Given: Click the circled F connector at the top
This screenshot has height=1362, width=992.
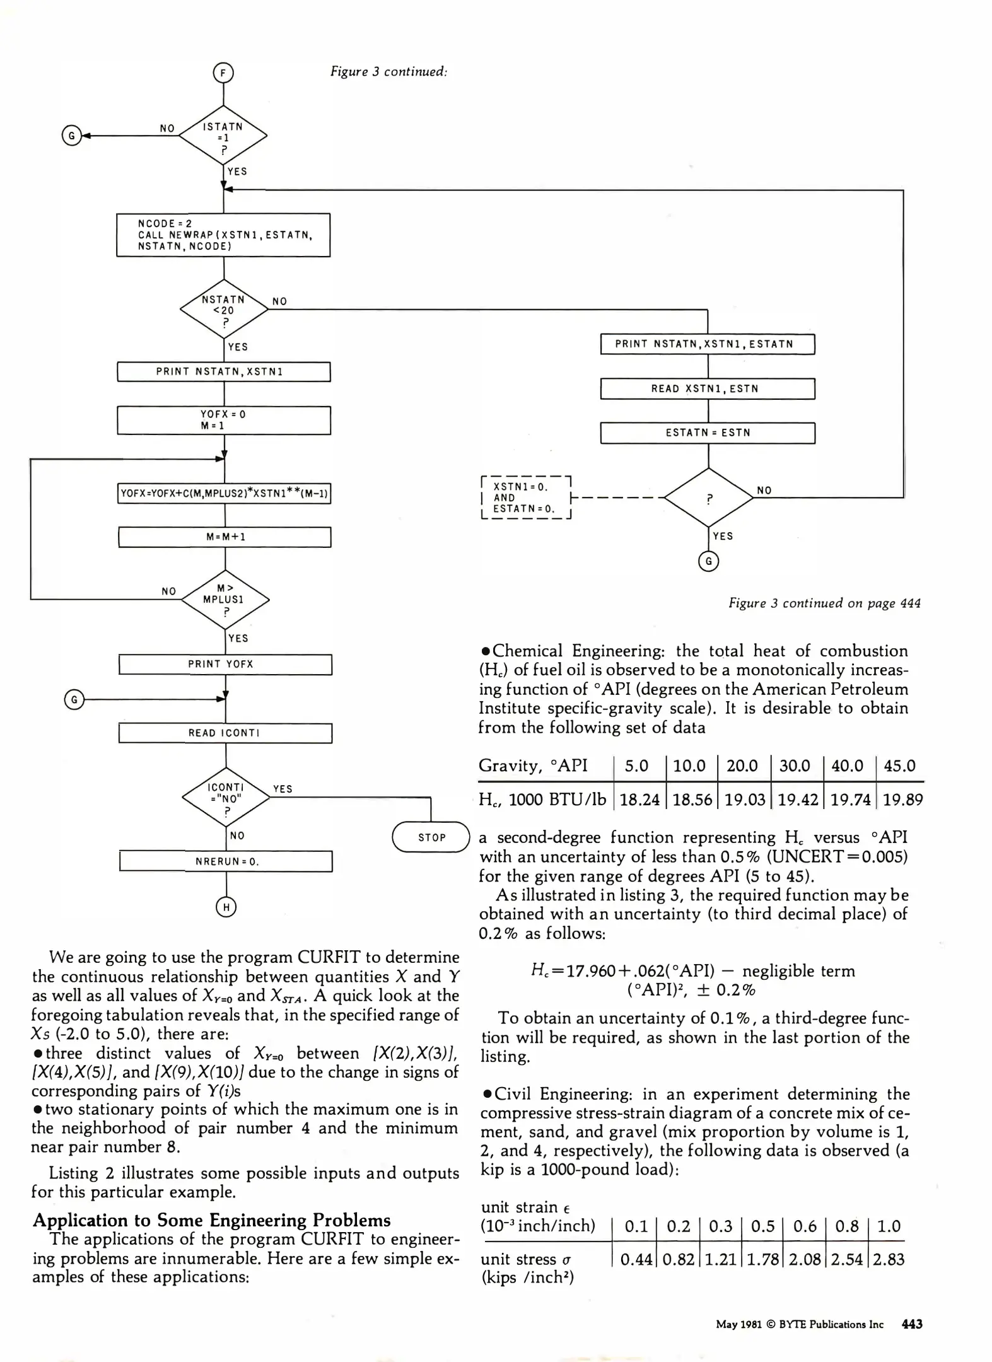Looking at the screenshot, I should (223, 74).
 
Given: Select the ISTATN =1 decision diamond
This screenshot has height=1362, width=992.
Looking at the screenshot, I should (223, 135).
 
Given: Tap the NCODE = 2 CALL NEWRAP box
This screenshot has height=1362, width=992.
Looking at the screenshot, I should (223, 235).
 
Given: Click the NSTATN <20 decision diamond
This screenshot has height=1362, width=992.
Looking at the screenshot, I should (224, 310).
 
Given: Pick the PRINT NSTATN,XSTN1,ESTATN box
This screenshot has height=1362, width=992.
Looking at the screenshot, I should (708, 344).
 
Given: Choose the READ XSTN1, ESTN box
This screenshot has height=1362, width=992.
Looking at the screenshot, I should (708, 388).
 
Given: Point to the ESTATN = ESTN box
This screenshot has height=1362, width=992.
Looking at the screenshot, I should (708, 433).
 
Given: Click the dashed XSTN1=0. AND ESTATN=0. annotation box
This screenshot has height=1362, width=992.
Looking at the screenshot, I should (525, 498).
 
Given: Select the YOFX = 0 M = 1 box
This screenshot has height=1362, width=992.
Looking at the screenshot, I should (224, 420).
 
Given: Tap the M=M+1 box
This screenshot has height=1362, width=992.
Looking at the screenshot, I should (225, 537).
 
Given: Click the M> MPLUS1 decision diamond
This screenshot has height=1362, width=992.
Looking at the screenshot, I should (225, 599).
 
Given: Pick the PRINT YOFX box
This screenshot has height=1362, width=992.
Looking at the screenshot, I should (225, 665).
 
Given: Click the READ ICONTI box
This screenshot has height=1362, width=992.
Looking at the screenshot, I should (225, 733).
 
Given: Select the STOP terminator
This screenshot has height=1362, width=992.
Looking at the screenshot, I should (431, 837).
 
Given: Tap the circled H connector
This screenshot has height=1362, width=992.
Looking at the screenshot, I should (226, 907).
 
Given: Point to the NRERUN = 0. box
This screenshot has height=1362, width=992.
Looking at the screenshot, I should (226, 861).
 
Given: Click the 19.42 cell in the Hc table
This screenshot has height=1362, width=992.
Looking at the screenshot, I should (797, 800).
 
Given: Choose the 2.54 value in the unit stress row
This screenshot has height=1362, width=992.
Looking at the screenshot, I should (846, 1259).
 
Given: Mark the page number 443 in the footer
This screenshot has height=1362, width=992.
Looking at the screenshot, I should (912, 1324).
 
